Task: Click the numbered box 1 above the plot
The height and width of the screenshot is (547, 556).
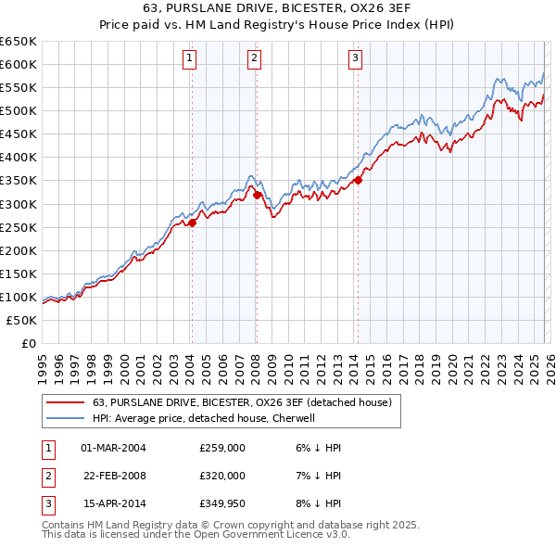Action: pyautogui.click(x=190, y=58)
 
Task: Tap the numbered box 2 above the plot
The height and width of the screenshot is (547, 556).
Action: pyautogui.click(x=254, y=58)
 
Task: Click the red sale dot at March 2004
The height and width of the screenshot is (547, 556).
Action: pyautogui.click(x=193, y=223)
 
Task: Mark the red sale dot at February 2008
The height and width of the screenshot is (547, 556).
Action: pyautogui.click(x=257, y=195)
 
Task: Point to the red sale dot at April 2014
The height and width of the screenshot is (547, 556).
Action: pyautogui.click(x=358, y=181)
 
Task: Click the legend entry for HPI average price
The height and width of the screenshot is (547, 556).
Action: pyautogui.click(x=204, y=418)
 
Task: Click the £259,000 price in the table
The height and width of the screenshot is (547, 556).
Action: pyautogui.click(x=221, y=448)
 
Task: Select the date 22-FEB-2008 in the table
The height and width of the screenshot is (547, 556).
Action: pyautogui.click(x=114, y=475)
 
